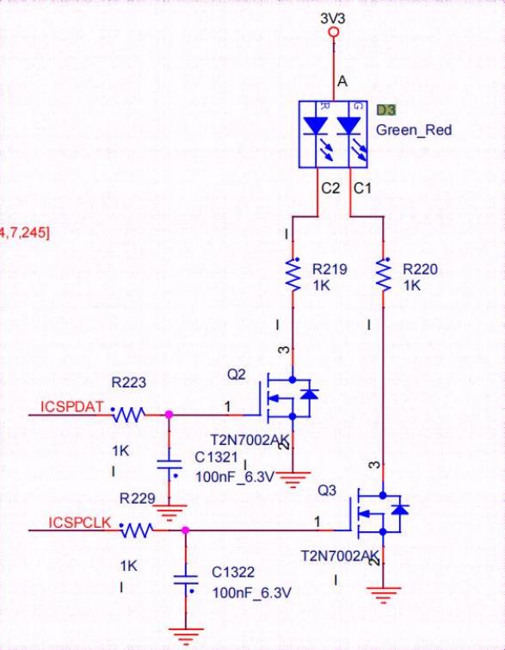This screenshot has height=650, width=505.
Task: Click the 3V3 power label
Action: coord(334,16)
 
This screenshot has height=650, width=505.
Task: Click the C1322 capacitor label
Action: coord(234,572)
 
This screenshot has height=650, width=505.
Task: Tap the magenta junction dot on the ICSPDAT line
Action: coord(169,414)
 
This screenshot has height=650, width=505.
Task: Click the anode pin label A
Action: coord(342,81)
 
